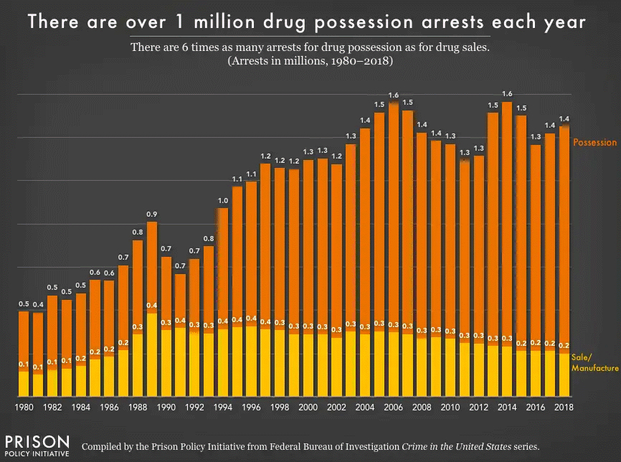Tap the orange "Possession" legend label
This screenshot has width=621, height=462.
coord(594,142)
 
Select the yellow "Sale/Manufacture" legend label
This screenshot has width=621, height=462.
coord(594,362)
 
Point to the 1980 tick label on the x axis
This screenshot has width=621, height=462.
coord(24,407)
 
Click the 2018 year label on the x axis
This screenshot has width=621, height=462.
coord(564,407)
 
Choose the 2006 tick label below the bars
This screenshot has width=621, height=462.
coord(393,407)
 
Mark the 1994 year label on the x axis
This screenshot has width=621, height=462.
coord(223,407)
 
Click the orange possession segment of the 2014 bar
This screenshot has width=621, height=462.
coord(506,222)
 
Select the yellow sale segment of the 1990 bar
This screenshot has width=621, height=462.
coord(166,362)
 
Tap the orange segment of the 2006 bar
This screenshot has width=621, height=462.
coord(393,215)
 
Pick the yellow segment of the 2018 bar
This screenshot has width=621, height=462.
coord(564,374)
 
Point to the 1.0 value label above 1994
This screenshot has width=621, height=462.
coord(223,200)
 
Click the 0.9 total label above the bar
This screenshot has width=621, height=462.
coord(152,214)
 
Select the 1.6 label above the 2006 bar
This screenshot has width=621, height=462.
coord(393,95)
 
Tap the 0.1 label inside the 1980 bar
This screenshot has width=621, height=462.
coord(24,364)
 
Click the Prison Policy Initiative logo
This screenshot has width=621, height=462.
coord(37,444)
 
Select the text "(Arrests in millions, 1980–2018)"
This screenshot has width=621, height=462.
coord(310,62)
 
